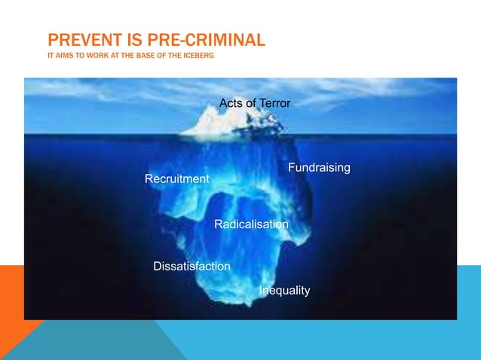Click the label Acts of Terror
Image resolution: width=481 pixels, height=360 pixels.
click(x=254, y=102)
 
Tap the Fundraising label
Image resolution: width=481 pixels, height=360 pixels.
click(x=319, y=167)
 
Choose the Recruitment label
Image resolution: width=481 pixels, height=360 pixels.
click(x=176, y=179)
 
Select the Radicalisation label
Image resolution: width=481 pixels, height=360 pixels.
click(x=251, y=224)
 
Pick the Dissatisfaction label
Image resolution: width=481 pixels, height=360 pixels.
click(x=191, y=267)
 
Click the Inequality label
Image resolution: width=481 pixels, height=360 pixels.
click(x=284, y=291)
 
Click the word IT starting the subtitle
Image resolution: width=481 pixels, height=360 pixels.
click(x=50, y=57)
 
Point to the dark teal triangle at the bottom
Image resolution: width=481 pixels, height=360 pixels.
click(x=98, y=343)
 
